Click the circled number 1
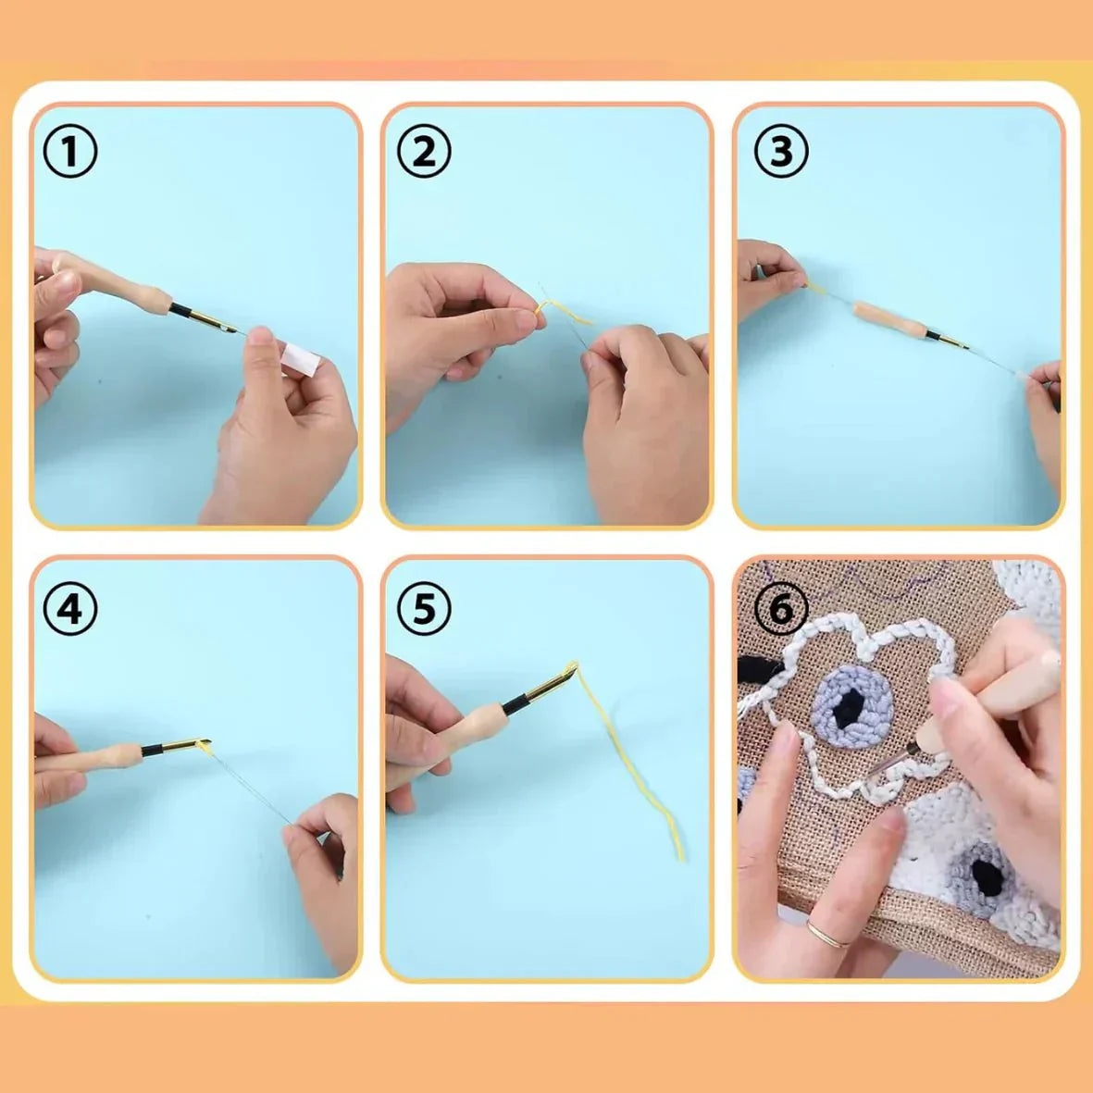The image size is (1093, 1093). (x=70, y=152)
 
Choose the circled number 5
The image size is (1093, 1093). (x=424, y=609)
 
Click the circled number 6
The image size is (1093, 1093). (x=781, y=609)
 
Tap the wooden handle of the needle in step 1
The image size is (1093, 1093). (x=139, y=292)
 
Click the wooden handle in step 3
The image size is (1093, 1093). (x=888, y=319)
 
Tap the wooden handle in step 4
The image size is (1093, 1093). (x=106, y=757)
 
